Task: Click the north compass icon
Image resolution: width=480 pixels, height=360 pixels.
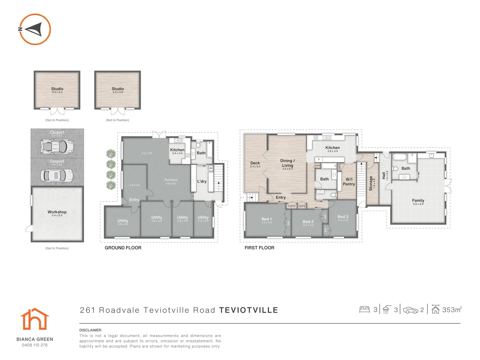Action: click(x=35, y=29)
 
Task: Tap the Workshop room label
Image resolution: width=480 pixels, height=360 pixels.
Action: click(x=57, y=212)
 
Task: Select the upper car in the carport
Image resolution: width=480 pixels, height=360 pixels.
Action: click(x=57, y=146)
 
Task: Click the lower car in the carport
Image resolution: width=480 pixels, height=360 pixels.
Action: click(x=57, y=175)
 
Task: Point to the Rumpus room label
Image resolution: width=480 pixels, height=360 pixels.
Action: click(x=171, y=180)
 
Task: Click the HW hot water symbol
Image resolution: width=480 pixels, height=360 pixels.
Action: click(x=211, y=168)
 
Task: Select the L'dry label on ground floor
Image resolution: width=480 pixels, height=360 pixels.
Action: click(x=202, y=182)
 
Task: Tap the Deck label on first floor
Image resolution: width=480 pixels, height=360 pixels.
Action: click(x=255, y=163)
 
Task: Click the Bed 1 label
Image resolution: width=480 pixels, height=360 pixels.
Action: click(x=267, y=219)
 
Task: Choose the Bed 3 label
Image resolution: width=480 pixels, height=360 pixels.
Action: click(x=343, y=217)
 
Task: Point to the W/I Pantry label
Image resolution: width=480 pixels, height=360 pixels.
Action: click(x=349, y=182)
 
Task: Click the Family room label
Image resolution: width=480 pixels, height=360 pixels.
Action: click(x=418, y=200)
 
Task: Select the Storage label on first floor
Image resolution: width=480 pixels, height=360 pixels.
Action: click(x=371, y=183)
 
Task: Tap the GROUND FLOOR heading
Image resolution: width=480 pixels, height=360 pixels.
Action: click(x=123, y=248)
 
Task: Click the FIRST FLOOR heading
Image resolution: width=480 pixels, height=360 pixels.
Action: click(x=259, y=248)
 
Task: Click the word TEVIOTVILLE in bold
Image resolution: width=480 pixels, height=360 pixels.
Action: click(x=249, y=310)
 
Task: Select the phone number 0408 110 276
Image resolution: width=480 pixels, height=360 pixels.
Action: click(x=35, y=345)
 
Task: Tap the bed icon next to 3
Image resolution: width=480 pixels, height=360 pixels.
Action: click(x=364, y=310)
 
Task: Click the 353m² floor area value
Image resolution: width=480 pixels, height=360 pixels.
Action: click(x=451, y=310)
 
